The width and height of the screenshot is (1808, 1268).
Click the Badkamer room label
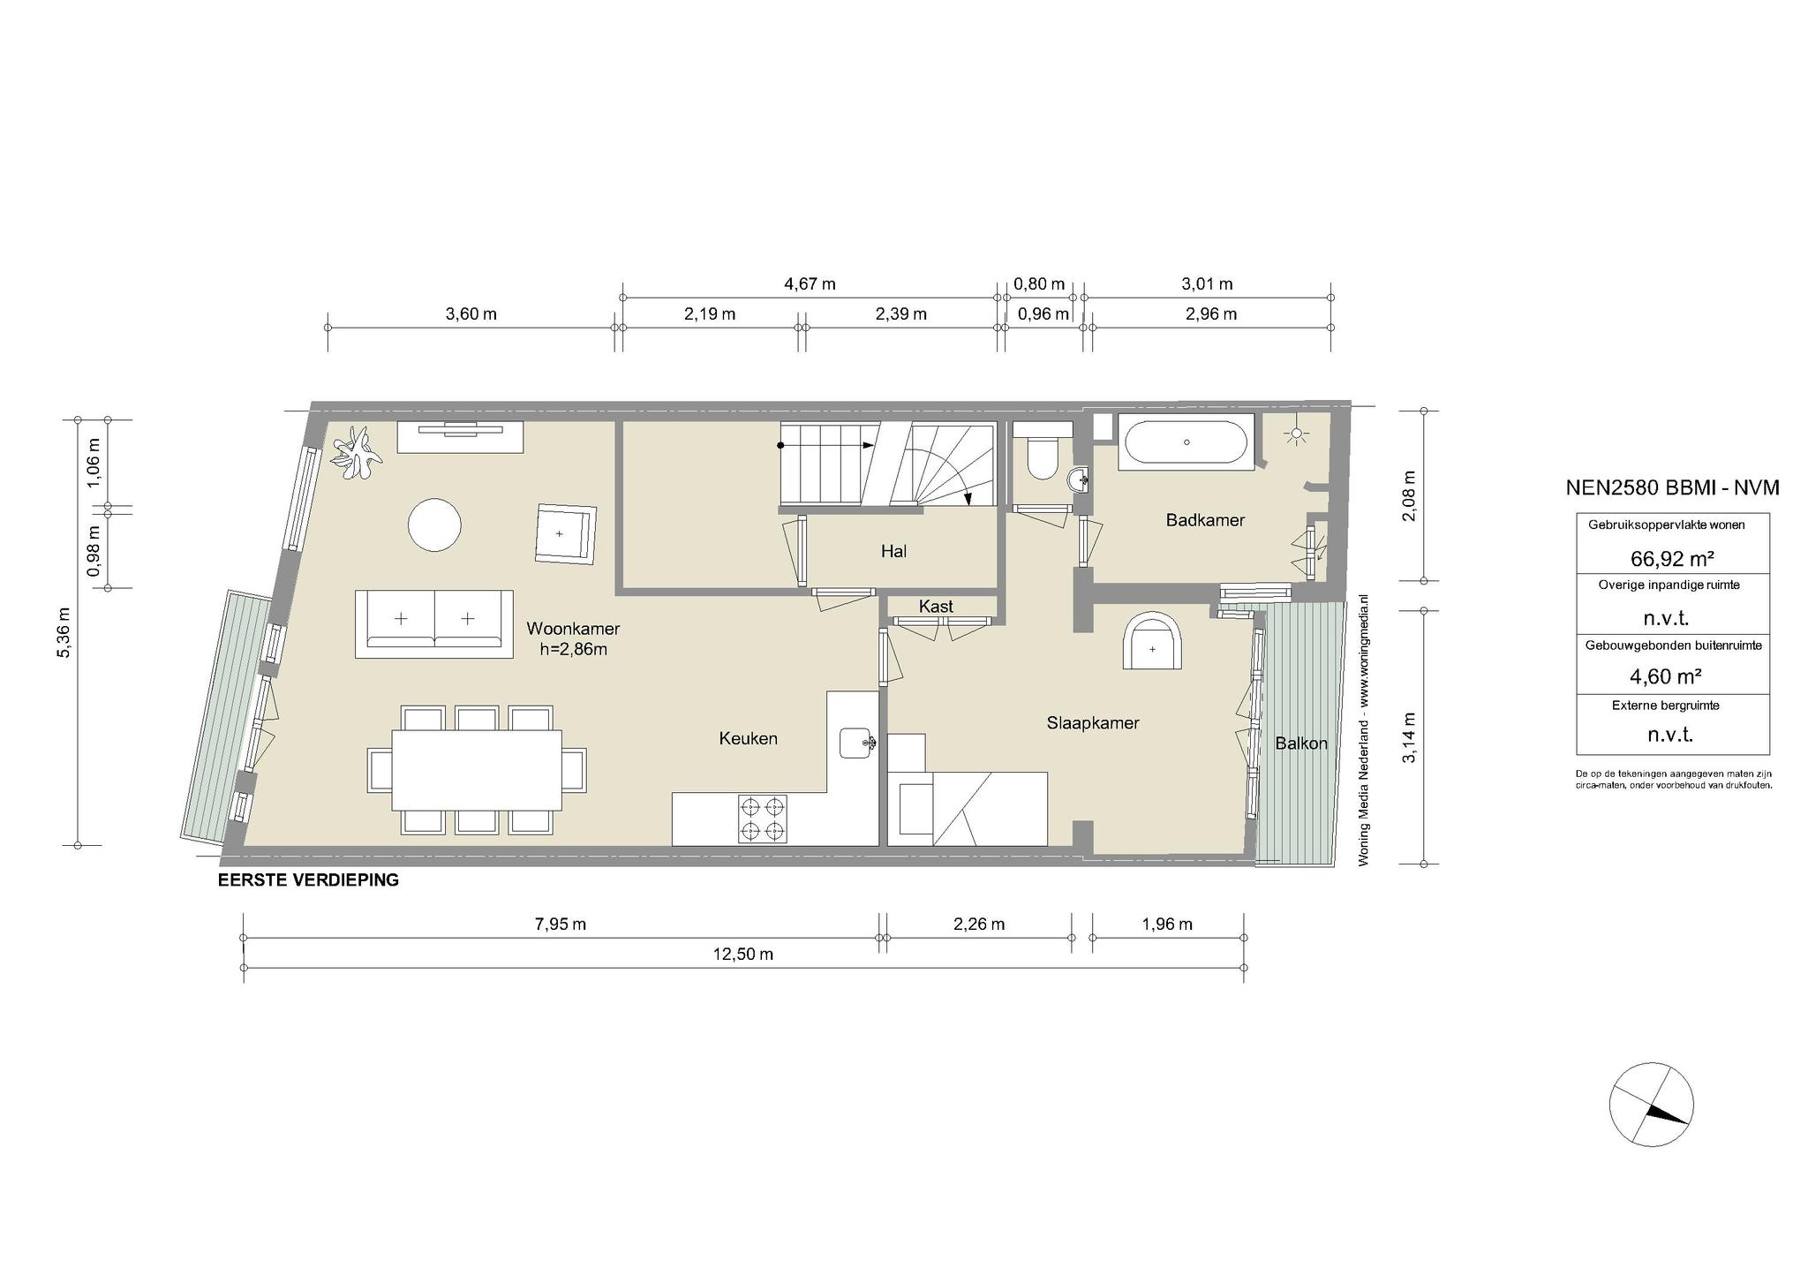point(1205,520)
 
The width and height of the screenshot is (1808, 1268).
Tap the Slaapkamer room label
point(1093,723)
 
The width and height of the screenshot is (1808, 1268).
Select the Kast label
point(936,607)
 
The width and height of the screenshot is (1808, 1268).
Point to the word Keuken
point(749,738)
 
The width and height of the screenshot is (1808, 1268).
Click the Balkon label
point(1301,743)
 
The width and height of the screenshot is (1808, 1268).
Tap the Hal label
point(893,552)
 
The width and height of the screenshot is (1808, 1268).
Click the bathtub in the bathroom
point(1186,442)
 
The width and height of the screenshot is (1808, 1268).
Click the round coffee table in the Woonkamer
point(434,525)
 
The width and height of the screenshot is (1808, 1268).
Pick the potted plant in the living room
point(357,453)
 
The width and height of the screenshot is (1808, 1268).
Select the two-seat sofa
point(434,623)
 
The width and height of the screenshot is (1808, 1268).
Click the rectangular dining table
point(477,769)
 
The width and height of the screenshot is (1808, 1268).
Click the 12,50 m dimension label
point(743,955)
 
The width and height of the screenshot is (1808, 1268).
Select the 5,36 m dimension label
point(64,633)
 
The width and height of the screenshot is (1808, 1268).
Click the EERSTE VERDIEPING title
point(308,880)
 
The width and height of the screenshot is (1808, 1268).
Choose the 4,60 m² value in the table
point(1665,676)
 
